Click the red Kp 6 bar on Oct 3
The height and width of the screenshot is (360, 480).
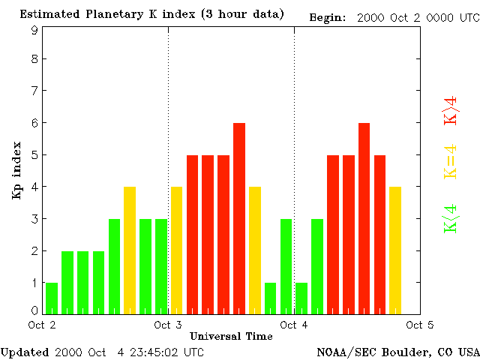(x=239, y=217)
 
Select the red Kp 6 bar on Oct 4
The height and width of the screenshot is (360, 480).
(x=364, y=217)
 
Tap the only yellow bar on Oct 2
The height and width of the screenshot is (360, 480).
(x=130, y=250)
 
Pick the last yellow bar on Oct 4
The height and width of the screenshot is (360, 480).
(x=395, y=250)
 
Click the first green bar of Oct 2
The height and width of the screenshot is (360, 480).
(x=51, y=298)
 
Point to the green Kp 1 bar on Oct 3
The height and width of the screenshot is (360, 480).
(x=271, y=298)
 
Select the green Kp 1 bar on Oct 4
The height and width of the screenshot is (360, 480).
(x=301, y=298)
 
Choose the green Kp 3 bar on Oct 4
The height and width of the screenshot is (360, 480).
(x=317, y=265)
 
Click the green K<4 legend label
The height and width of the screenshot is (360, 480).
(x=450, y=219)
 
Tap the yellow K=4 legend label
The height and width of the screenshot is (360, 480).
(x=450, y=161)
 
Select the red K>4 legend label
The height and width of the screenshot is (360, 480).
(x=450, y=109)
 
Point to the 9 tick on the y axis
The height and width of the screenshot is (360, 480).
(x=34, y=30)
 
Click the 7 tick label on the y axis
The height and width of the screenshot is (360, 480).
(x=34, y=91)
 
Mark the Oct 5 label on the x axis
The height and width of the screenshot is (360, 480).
(x=419, y=325)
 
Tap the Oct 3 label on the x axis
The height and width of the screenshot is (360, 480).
(x=168, y=325)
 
